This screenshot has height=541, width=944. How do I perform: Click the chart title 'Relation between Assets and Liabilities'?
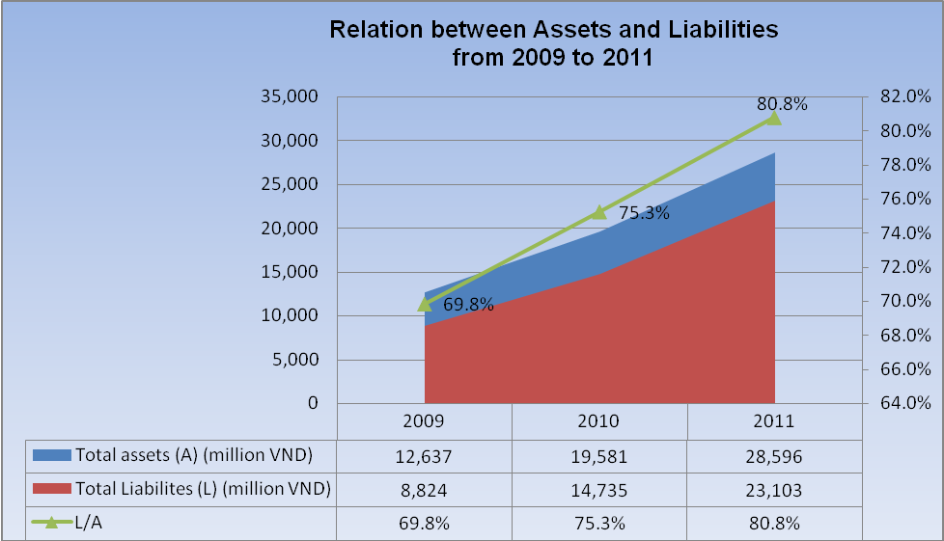coord(553,30)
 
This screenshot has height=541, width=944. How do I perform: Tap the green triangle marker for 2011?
coord(774,118)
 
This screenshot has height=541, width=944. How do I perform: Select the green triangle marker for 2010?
coord(599,211)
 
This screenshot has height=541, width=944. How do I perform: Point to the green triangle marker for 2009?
coord(425,305)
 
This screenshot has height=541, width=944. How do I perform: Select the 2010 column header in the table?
coord(599,421)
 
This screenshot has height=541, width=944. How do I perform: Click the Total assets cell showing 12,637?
coord(425,455)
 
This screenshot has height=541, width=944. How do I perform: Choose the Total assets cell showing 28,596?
coord(774,455)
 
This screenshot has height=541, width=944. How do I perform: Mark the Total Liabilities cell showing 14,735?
coord(599,490)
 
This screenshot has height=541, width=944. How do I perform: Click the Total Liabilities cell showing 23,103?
coord(774,490)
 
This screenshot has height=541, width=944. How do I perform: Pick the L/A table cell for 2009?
coord(425,524)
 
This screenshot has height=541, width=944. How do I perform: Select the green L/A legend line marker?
coord(52,524)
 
